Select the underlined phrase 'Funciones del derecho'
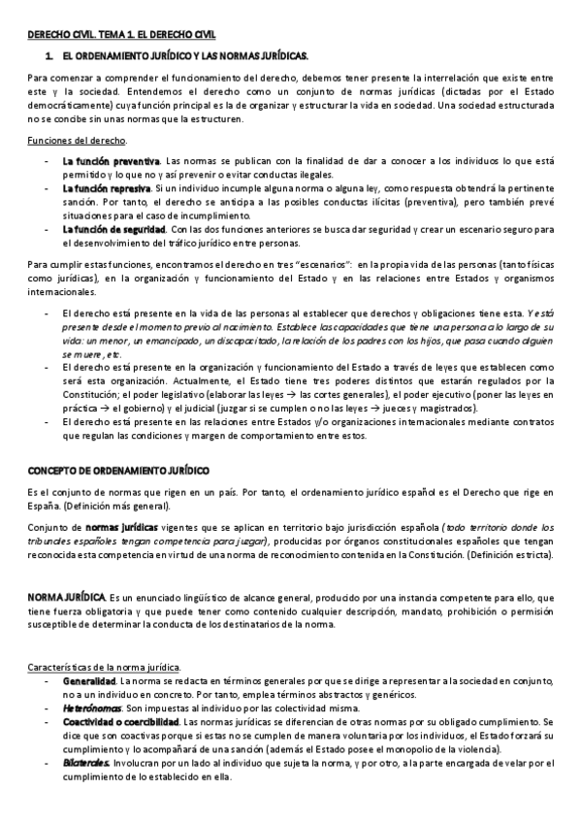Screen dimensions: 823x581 pos(63,141)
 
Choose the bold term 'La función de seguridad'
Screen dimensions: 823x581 pos(113,229)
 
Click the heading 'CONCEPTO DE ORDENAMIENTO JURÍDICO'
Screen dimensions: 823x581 pos(118,471)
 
